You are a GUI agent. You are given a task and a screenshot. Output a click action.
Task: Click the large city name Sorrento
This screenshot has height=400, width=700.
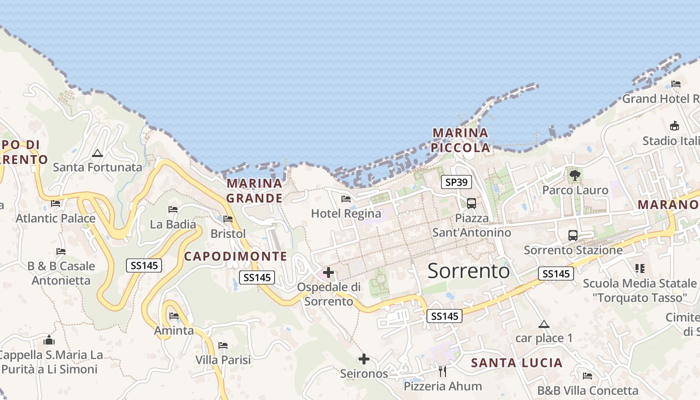click(x=468, y=271)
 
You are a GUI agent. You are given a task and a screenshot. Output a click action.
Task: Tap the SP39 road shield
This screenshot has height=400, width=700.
click(x=456, y=182)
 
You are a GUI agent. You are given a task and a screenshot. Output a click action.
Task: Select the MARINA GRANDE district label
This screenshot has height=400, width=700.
click(x=254, y=190)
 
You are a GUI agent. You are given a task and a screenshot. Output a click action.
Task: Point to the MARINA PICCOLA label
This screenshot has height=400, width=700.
click(x=460, y=140)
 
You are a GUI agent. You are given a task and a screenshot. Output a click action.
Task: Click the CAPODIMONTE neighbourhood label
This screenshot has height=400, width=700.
click(x=235, y=256)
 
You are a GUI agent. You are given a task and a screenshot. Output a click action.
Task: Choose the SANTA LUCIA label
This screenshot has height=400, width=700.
click(x=516, y=363)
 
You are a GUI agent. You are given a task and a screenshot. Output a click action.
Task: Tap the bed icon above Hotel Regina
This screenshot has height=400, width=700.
click(x=345, y=199)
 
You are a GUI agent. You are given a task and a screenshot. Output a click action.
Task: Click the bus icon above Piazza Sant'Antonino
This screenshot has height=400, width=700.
click(x=471, y=203)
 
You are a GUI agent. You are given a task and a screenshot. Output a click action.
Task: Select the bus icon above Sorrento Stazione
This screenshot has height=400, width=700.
click(x=573, y=235)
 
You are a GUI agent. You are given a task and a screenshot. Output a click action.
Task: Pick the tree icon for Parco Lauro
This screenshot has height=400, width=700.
click(x=575, y=175)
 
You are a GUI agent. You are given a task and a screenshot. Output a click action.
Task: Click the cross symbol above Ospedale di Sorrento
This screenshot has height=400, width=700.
click(x=328, y=272)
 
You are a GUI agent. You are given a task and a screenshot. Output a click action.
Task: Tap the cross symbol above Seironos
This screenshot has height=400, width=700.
click(x=364, y=359)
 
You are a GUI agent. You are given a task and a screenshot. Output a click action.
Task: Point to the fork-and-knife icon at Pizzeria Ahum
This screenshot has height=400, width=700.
click(x=442, y=371)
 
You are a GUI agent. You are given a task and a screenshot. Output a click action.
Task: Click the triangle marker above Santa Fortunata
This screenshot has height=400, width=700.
click(x=97, y=153)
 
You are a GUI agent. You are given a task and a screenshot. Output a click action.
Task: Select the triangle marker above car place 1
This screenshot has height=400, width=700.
click(x=544, y=324)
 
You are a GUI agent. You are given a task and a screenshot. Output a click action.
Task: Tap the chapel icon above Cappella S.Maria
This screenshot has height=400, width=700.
click(x=49, y=340)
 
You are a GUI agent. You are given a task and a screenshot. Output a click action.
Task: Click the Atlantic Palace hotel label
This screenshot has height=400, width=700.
click(x=55, y=218)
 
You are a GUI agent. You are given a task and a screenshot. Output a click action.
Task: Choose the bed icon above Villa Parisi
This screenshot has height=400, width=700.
click(x=223, y=345)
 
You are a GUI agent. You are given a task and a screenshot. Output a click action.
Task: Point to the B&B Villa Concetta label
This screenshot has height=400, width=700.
click(x=587, y=390)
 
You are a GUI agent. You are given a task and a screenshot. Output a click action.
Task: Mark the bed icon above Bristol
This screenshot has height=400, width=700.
click(x=228, y=219)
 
